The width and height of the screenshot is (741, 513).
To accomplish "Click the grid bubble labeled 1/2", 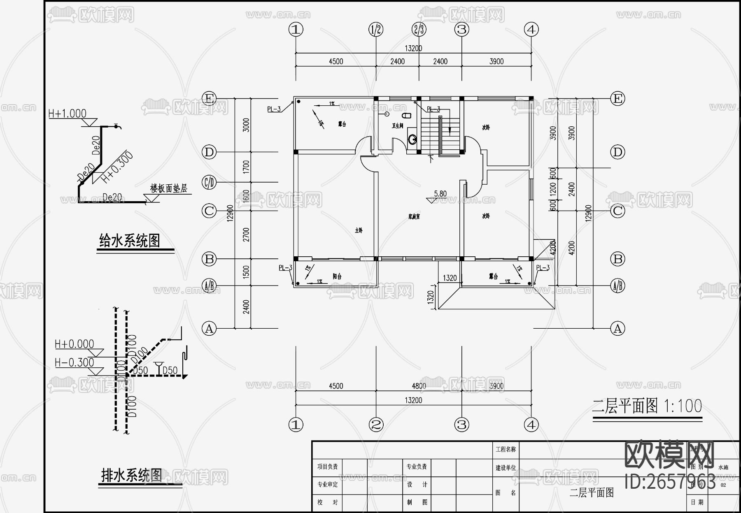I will click(376, 30).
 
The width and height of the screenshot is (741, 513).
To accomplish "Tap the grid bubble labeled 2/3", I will click(419, 30).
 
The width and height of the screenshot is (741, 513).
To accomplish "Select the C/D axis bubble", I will click(209, 182).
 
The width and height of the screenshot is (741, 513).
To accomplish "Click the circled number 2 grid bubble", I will click(376, 425).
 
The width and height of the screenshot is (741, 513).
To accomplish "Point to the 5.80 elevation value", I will click(440, 194).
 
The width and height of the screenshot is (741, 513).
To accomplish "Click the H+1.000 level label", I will click(68, 114).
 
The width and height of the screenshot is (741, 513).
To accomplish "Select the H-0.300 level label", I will click(75, 362).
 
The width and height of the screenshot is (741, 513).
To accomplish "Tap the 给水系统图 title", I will click(130, 241).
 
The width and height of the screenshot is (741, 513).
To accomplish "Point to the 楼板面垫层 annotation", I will click(168, 188).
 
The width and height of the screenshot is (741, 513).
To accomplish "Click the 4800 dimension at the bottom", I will click(419, 386).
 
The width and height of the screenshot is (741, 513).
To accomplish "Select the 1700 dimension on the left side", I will click(246, 167).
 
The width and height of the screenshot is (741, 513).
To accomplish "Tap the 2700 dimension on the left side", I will click(246, 234).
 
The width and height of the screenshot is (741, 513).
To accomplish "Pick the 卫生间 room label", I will click(397, 126).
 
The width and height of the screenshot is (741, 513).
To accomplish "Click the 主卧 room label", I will click(359, 230).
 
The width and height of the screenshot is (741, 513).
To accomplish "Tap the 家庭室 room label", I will click(414, 216).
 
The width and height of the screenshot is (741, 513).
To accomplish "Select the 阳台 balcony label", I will click(337, 276).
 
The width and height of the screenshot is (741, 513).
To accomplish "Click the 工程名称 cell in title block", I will click(506, 450).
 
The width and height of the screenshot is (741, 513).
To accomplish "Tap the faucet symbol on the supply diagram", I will click(118, 126).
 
